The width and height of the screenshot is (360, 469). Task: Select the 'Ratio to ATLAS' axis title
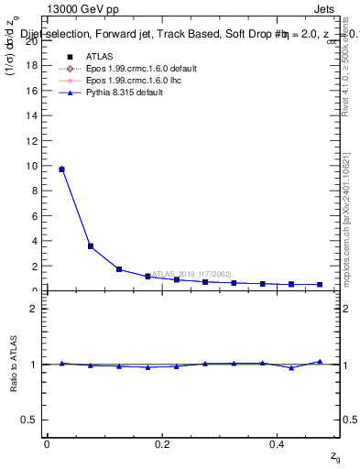pyautogui.click(x=14, y=364)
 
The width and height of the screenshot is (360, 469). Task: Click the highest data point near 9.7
pyautogui.click(x=61, y=169)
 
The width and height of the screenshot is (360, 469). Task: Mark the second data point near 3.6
pyautogui.click(x=90, y=245)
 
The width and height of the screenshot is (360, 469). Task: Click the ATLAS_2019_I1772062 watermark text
pyautogui.click(x=191, y=273)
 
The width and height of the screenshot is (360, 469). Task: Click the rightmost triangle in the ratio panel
pyautogui.click(x=320, y=362)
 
